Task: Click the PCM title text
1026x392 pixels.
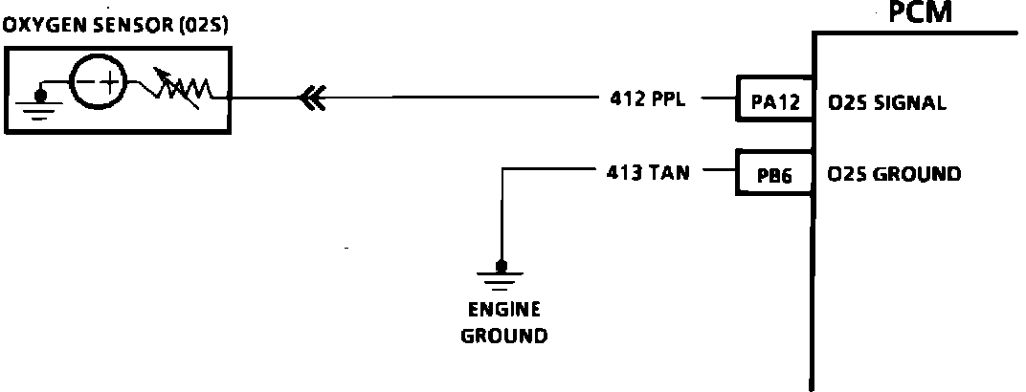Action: coord(922,13)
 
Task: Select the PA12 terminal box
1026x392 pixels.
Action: coord(774,102)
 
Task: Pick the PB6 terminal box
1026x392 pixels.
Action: coord(774,175)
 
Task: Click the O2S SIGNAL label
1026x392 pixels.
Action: coord(886,102)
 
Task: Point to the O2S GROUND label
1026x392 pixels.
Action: coord(894,175)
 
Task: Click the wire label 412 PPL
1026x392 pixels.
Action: coord(648,98)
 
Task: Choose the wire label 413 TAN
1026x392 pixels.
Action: coord(648,173)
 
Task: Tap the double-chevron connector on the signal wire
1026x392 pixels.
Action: coord(312,98)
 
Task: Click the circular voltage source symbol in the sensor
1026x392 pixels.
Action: coord(100,82)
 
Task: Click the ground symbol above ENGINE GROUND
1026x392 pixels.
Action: coord(500,275)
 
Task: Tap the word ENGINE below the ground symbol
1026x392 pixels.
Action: coord(504,310)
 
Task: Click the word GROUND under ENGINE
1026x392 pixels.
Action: coord(504,336)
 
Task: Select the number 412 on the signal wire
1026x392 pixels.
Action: coord(625,98)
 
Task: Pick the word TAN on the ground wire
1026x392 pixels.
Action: coord(669,173)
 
